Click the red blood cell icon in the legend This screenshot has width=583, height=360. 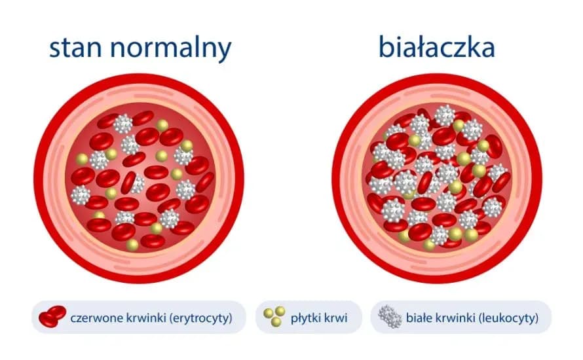coord(52,317)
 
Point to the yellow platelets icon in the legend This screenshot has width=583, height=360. coord(274,317)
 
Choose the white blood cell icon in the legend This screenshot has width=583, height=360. coord(390,317)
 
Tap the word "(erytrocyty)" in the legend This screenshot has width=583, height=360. coord(199,319)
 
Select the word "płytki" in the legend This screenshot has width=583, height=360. coord(305,319)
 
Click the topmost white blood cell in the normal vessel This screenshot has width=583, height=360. coord(123,122)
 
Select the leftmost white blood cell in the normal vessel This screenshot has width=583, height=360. coord(81,194)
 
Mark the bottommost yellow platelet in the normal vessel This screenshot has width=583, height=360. coord(133,245)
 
